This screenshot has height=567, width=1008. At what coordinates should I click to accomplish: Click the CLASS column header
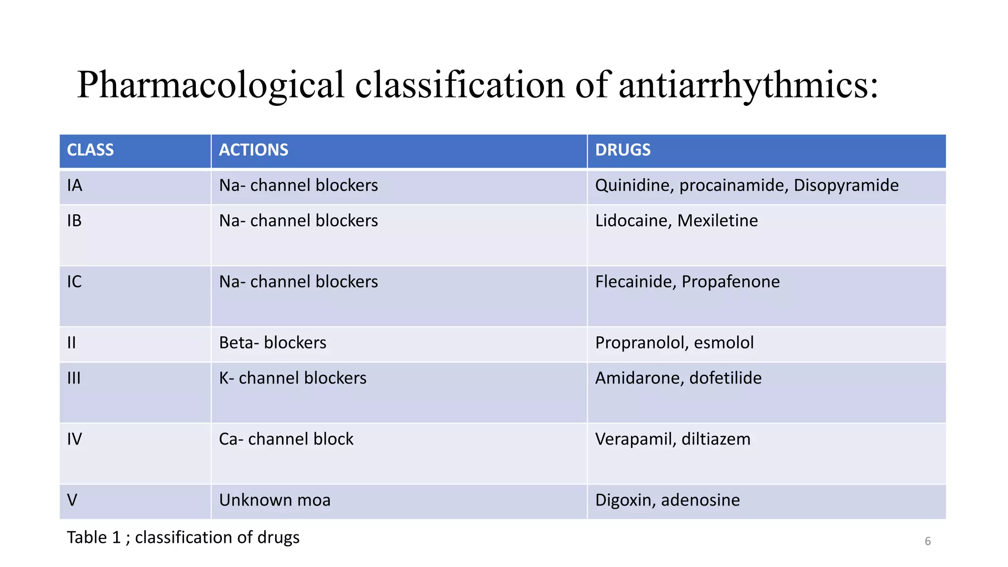[x=90, y=150]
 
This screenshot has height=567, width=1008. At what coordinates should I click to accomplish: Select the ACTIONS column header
[x=253, y=150]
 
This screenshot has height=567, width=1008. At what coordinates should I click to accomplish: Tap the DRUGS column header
[x=623, y=150]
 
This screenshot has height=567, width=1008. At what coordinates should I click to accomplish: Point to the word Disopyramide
[x=846, y=186]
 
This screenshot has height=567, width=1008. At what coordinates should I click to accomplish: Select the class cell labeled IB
[x=74, y=221]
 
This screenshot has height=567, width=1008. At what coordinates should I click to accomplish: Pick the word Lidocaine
[x=633, y=221]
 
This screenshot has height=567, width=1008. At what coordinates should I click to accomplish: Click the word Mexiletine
[x=718, y=221]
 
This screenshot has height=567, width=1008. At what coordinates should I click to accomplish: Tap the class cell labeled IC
[x=74, y=282]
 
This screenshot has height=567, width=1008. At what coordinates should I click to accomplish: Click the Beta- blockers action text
[x=273, y=343]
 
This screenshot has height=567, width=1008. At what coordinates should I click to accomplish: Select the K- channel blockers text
[x=293, y=378]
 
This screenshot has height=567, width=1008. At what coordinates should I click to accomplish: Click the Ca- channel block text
[x=286, y=439]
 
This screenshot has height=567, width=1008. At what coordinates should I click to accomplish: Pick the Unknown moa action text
[x=275, y=500]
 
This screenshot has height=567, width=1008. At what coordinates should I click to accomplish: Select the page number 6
[x=928, y=541]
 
